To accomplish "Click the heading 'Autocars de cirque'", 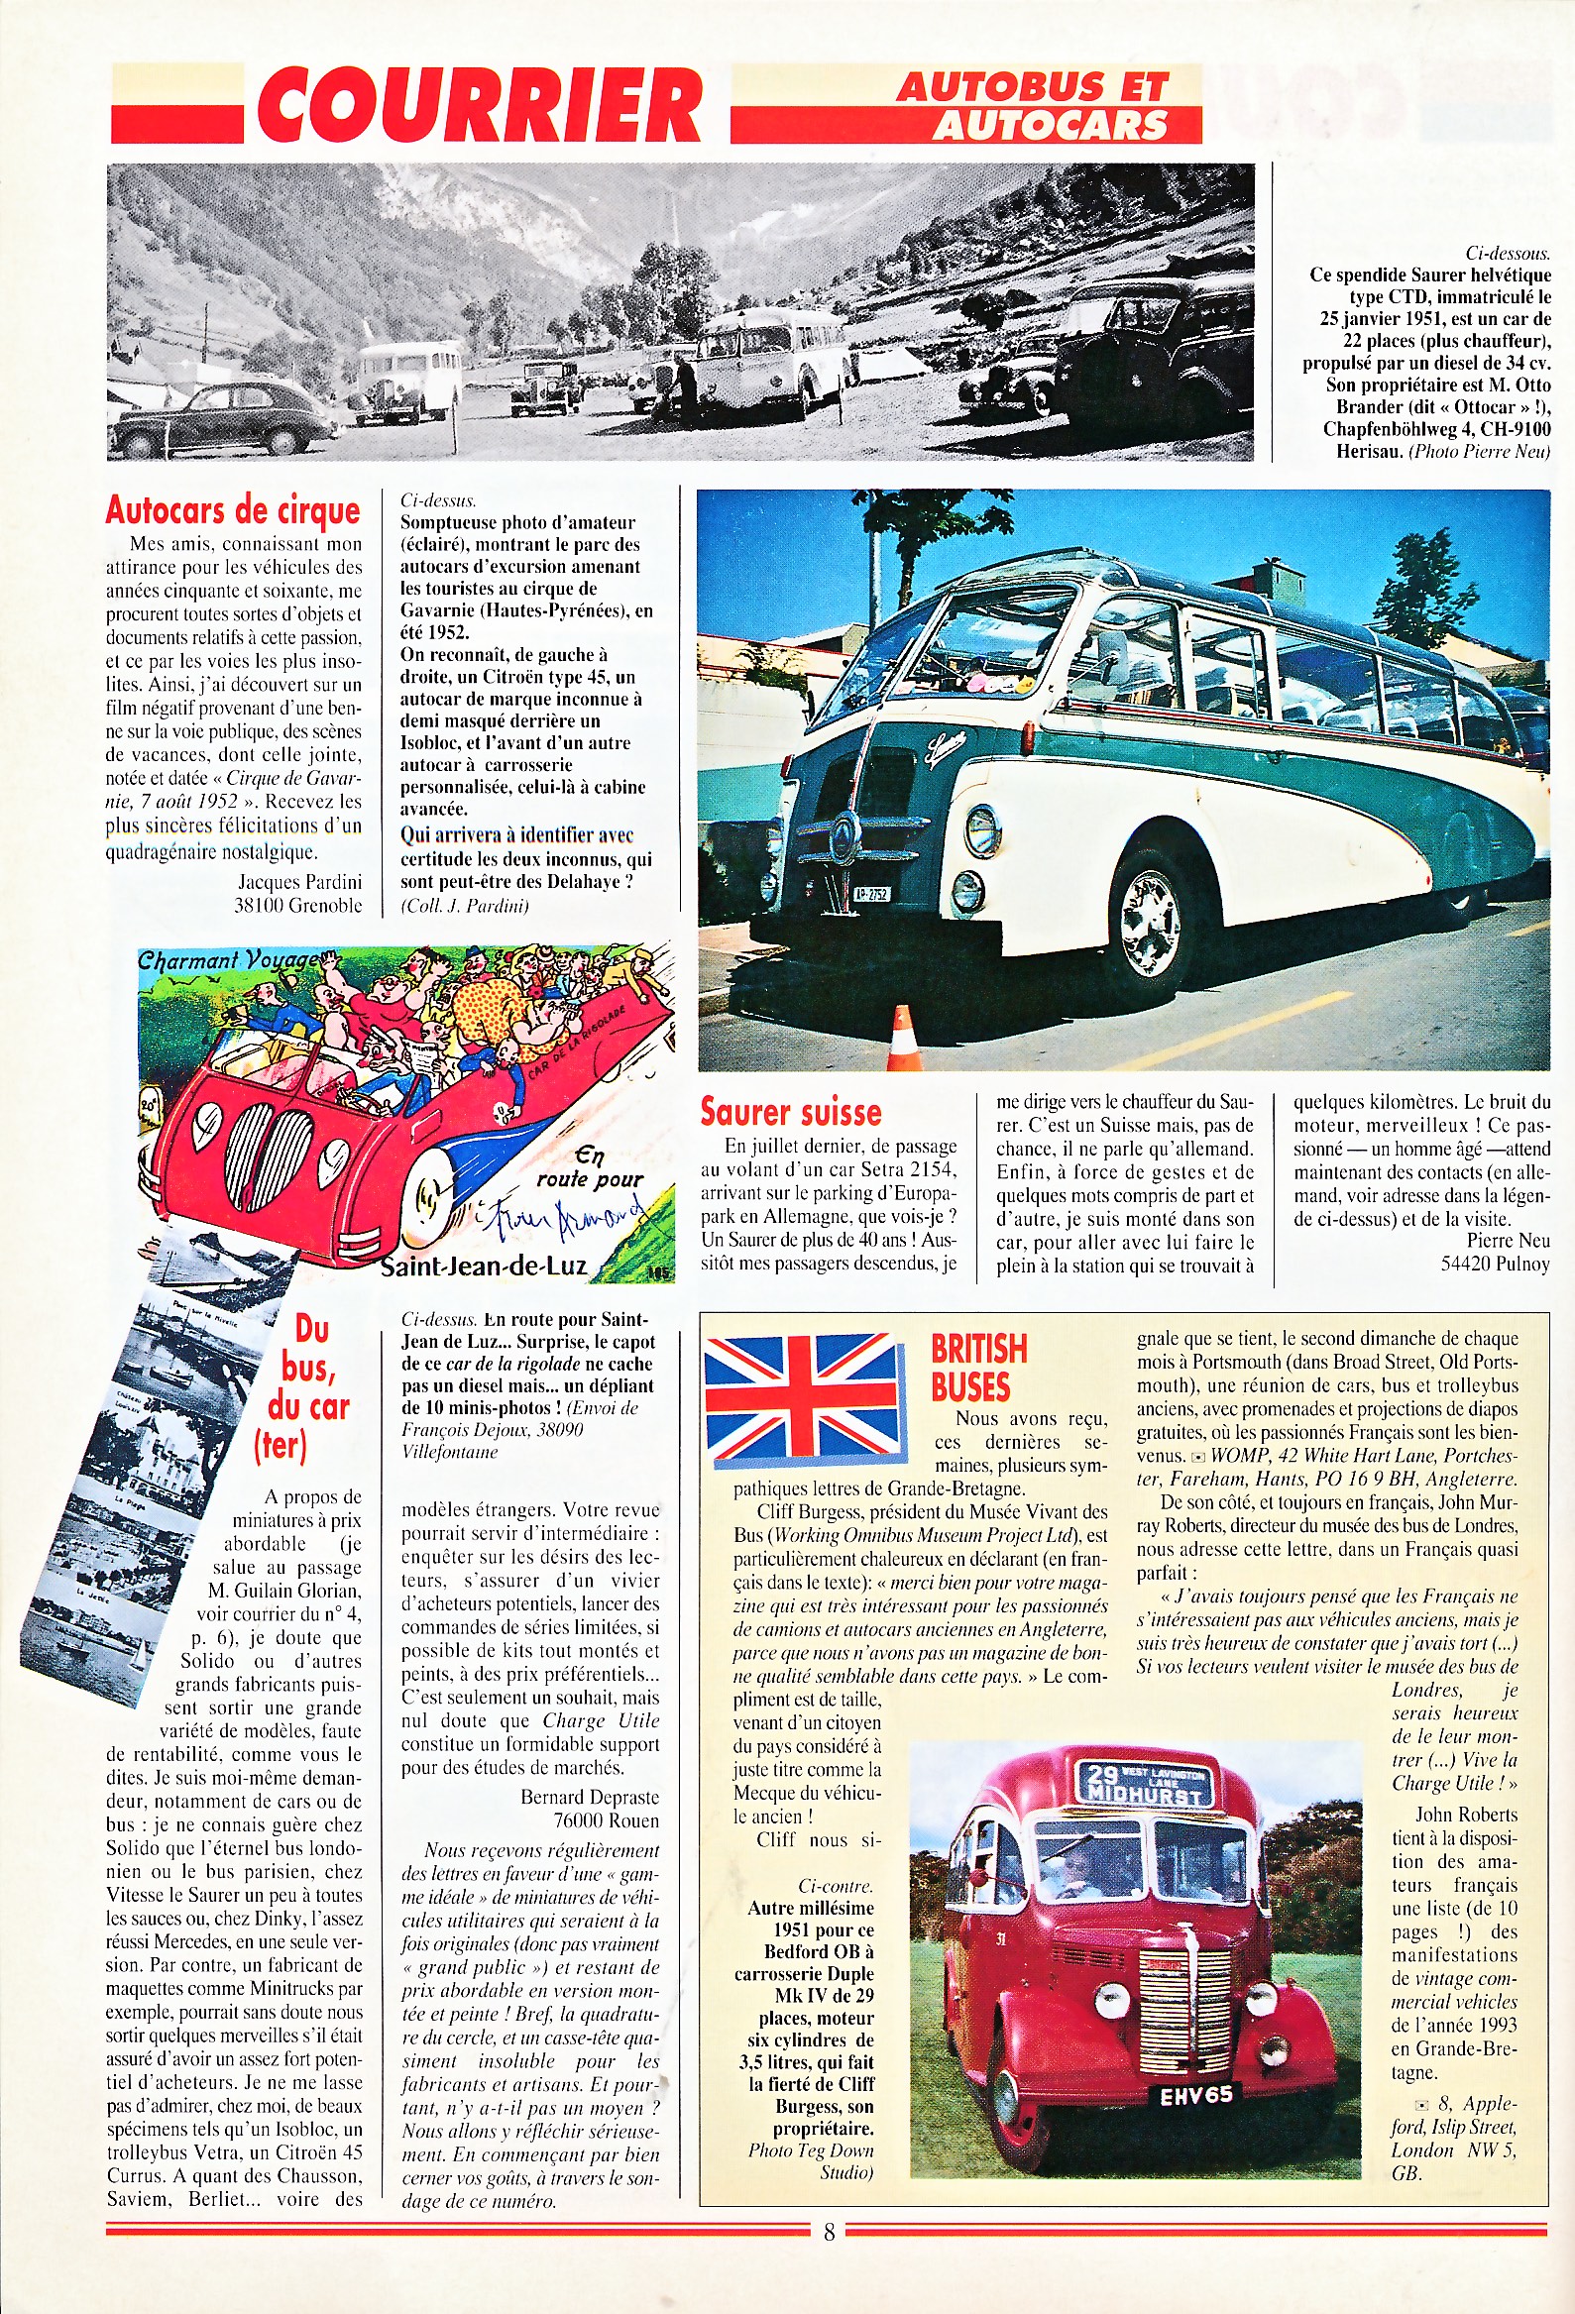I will (232, 509).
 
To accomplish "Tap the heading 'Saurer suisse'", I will (791, 1111).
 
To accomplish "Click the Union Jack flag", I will (805, 1395).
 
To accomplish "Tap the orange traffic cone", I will (902, 1041).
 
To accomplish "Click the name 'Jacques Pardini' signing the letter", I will (299, 881).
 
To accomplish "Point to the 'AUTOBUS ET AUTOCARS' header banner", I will (1033, 104).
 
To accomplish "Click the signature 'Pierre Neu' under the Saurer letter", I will (1508, 1241).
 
